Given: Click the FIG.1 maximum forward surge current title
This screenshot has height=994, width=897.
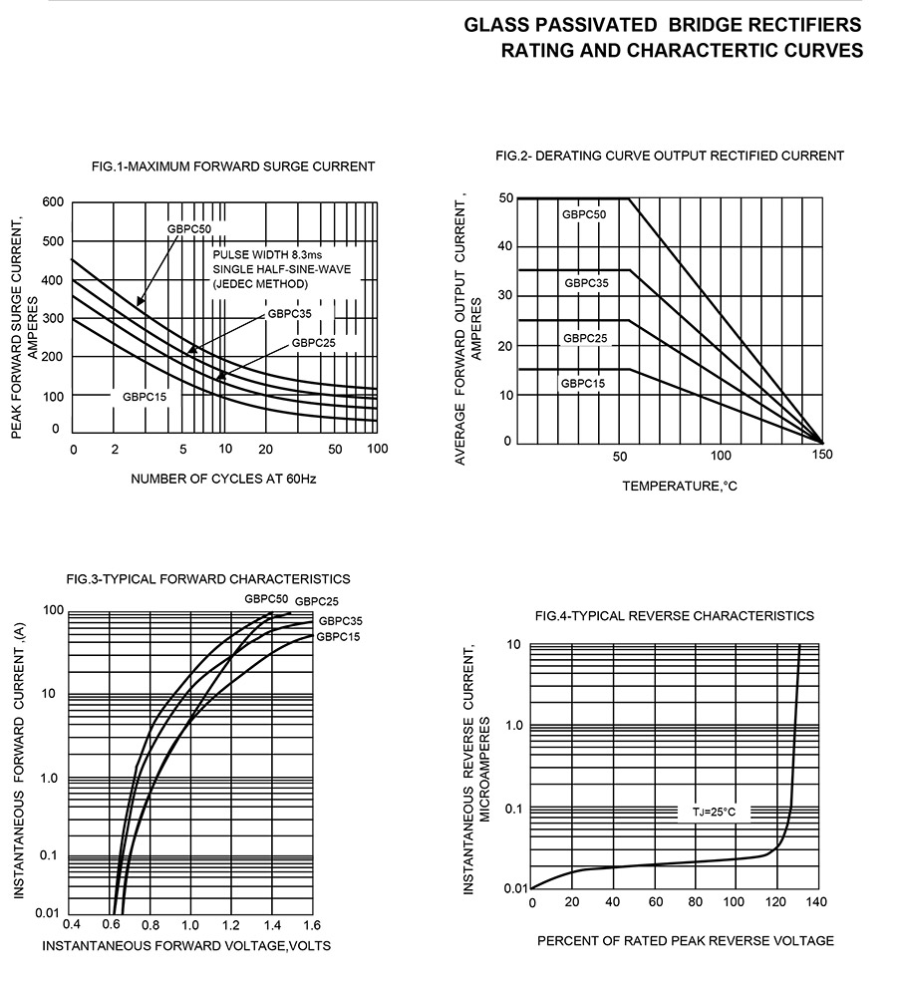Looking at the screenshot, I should [x=232, y=166].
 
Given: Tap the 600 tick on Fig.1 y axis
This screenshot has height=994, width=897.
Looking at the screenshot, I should [x=53, y=203].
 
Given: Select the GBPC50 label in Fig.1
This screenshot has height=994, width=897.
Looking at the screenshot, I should [x=188, y=229].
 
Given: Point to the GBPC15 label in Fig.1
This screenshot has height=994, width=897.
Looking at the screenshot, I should [x=145, y=397].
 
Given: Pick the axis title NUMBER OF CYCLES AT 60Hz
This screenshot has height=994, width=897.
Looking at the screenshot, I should [x=223, y=479].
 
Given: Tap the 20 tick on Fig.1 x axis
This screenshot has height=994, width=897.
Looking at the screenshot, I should [x=265, y=450].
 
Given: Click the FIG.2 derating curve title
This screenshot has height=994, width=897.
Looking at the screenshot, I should [x=669, y=156].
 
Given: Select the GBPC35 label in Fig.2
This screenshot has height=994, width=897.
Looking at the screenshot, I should [x=586, y=283].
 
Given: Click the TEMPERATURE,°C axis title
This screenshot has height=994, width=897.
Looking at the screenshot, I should [x=680, y=487].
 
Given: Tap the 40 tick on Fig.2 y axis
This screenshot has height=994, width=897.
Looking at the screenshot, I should [x=505, y=246].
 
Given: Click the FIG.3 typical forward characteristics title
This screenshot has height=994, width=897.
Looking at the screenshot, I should [x=208, y=578].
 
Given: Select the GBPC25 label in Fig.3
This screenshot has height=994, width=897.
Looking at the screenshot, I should [x=317, y=601].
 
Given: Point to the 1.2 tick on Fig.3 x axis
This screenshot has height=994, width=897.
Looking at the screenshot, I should [x=231, y=924].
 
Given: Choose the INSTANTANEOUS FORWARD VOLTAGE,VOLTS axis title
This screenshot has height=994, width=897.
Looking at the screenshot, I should [x=186, y=945].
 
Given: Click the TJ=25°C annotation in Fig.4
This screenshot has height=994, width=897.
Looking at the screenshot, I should [x=714, y=813].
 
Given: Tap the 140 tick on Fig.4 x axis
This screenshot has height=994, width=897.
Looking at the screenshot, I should [x=817, y=903].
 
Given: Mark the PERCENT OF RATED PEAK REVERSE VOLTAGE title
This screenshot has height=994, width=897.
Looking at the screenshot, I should [x=686, y=941].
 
